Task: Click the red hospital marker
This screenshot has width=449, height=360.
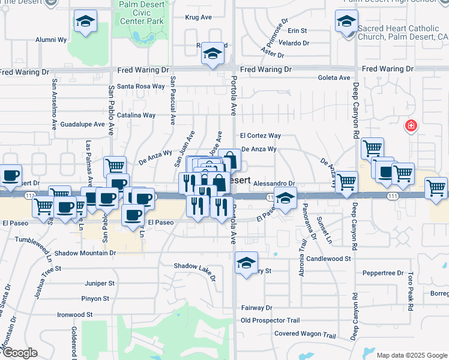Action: (x=411, y=126)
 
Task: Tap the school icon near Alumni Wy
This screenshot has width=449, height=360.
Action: (x=86, y=22)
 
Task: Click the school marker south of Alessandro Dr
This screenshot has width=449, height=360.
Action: (x=286, y=197)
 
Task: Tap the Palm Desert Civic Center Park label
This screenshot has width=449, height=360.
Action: (x=142, y=13)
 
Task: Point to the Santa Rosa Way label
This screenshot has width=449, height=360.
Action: (x=140, y=86)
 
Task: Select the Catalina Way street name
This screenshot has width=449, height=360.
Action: (x=136, y=115)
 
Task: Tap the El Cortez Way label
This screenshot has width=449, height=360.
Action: (x=261, y=136)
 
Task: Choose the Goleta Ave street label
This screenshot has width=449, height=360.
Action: (x=334, y=78)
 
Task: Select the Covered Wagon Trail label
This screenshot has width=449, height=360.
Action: (x=305, y=334)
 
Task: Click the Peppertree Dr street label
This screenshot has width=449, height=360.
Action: (x=384, y=273)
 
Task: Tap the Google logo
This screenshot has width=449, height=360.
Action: (x=19, y=353)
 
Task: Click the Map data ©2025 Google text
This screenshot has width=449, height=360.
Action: (x=412, y=355)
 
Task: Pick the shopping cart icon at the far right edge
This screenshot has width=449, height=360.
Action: (x=436, y=187)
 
